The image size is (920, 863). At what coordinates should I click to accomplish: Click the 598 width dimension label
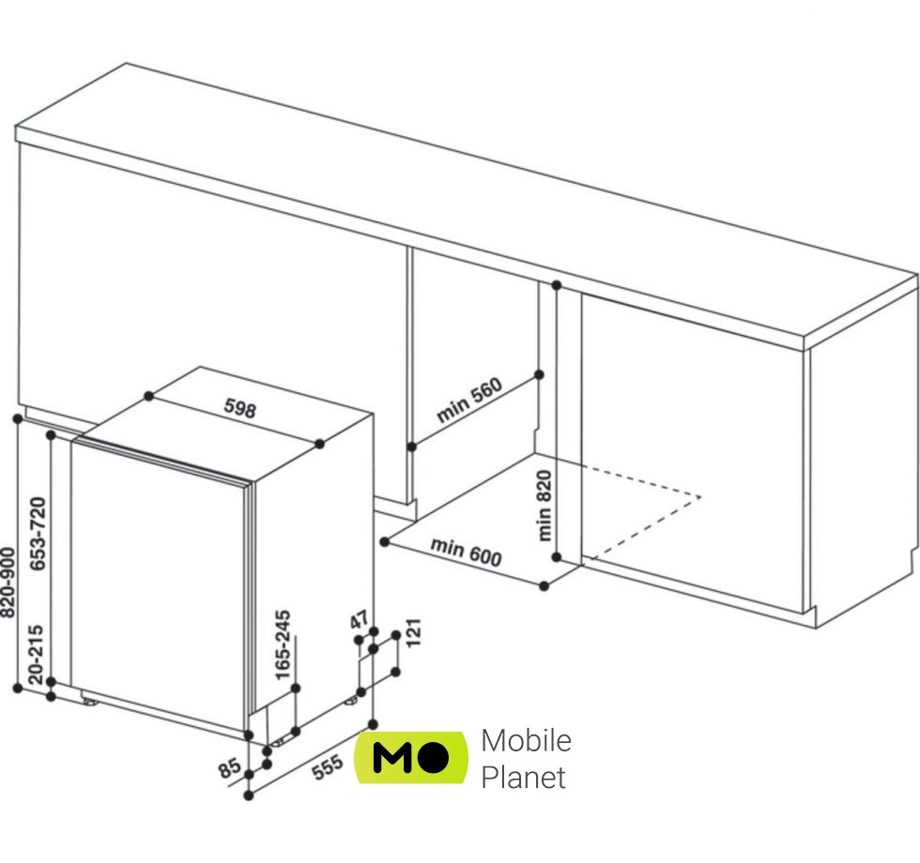click(239, 408)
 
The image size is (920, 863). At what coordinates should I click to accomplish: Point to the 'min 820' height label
click(545, 505)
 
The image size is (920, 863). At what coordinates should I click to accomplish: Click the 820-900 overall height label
click(8, 582)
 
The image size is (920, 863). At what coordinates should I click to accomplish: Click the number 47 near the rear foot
click(359, 620)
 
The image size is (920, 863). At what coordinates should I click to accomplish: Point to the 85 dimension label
click(228, 768)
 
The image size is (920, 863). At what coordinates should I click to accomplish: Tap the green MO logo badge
click(411, 757)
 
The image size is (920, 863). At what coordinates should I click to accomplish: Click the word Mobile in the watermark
click(526, 740)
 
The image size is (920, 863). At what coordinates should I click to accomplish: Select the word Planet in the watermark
click(524, 778)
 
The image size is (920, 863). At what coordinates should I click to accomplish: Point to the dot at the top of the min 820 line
click(556, 284)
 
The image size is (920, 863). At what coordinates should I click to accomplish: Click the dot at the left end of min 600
click(384, 541)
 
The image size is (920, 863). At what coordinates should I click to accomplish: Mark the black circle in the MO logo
click(433, 758)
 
